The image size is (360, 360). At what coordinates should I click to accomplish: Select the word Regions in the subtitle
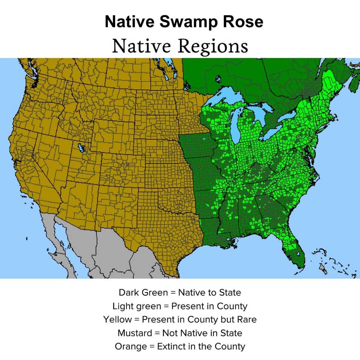pos(213,46)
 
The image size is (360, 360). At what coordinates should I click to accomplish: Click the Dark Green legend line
pos(180,292)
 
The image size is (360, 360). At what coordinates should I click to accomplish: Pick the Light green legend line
pos(180,306)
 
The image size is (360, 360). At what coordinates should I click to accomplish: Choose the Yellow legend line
pos(180,319)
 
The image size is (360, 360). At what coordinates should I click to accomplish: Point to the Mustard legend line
pos(180,333)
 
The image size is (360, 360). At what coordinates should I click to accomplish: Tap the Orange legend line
pos(180,346)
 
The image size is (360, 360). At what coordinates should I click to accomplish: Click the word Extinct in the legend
pos(171,346)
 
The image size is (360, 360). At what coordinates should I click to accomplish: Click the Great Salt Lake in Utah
pos(80,148)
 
